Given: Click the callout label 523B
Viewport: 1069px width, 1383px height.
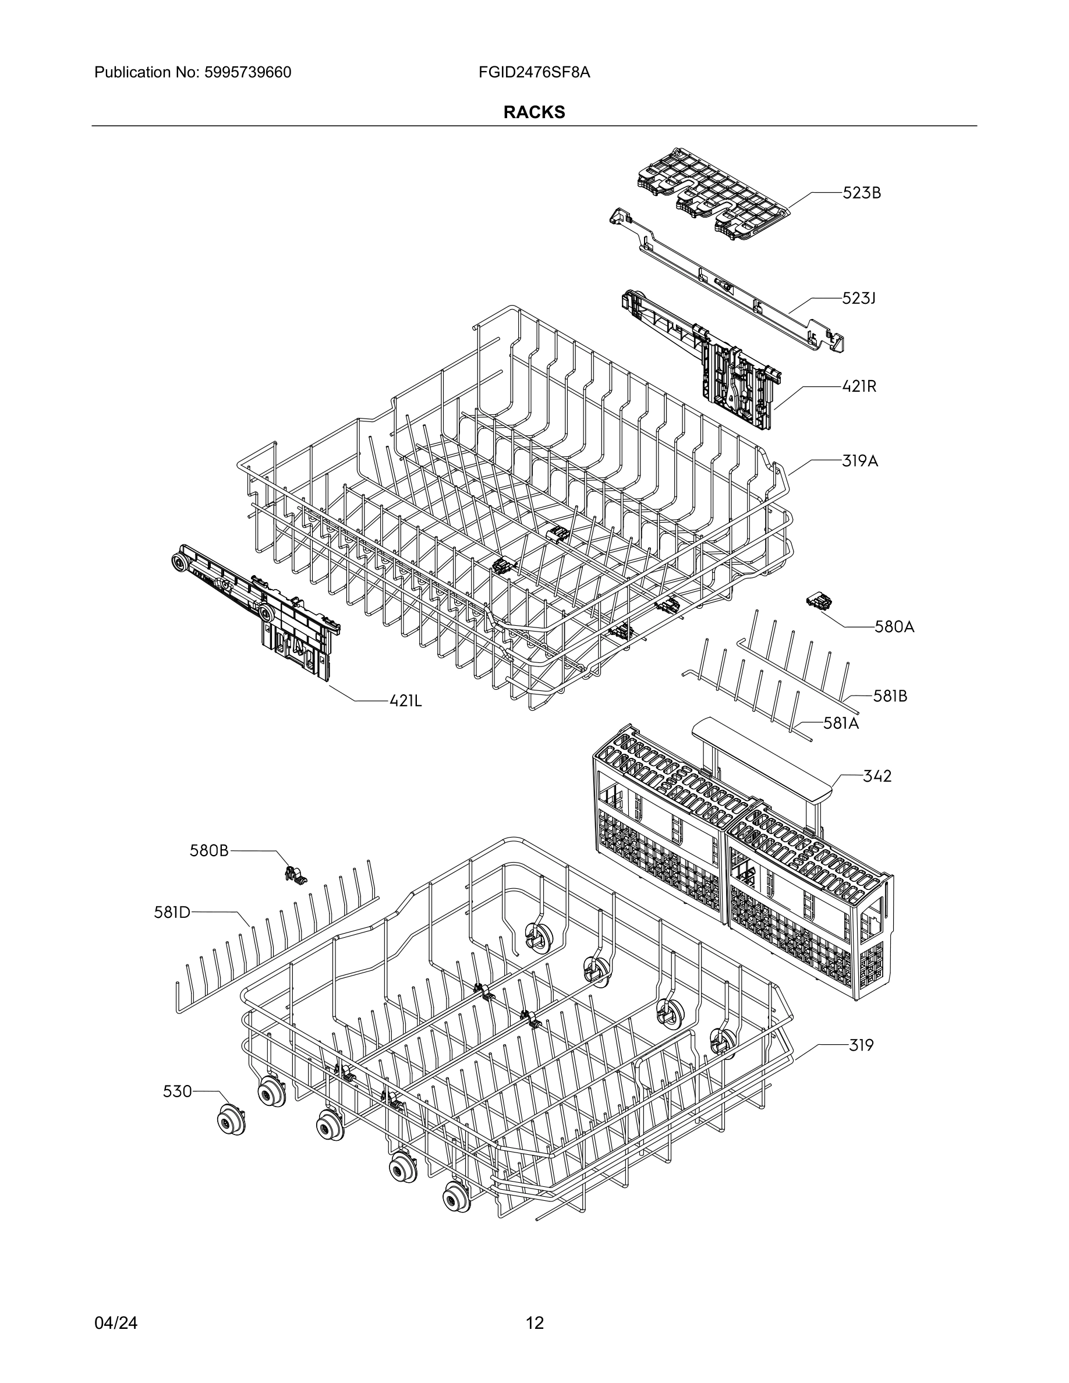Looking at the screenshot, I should [x=861, y=193].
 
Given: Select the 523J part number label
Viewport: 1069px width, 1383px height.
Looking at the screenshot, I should [x=858, y=298].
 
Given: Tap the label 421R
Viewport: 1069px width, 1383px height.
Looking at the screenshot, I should [x=859, y=386].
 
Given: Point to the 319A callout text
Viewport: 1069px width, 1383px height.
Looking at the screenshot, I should [x=859, y=461].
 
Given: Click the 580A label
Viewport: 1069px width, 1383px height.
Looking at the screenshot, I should [x=894, y=627].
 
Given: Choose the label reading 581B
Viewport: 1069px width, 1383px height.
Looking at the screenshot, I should [x=890, y=696].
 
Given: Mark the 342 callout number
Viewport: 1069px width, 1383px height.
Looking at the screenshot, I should [x=877, y=776].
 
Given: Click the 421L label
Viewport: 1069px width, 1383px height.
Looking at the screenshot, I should [x=405, y=700].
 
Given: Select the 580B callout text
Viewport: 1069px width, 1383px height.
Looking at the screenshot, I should [x=209, y=851].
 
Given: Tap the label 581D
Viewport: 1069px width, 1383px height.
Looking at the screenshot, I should [x=172, y=913].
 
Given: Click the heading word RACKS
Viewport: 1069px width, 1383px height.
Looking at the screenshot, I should [x=534, y=112].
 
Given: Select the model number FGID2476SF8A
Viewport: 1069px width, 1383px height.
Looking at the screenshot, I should [x=534, y=72].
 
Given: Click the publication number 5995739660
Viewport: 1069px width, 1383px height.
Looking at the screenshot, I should [x=247, y=72].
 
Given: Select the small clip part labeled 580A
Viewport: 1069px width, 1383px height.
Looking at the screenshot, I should [x=819, y=602].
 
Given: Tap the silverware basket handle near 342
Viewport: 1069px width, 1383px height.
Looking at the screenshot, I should [x=760, y=753].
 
